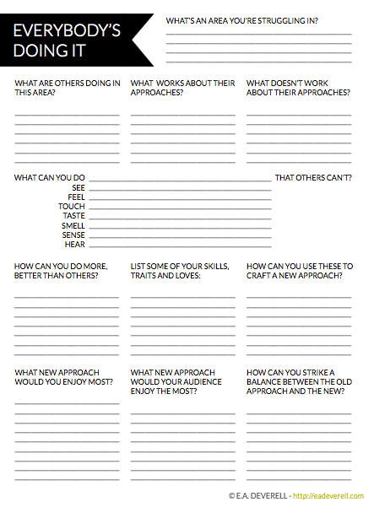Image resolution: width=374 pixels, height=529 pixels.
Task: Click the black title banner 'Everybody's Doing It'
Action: point(72,40)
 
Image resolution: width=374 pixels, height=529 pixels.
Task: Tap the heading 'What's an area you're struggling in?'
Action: point(247,19)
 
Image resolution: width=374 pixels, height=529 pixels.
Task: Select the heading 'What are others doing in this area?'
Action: point(67,88)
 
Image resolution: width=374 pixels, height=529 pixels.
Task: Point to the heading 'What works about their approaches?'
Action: point(182,88)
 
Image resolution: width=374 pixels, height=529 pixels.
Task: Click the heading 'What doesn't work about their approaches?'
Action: point(298,88)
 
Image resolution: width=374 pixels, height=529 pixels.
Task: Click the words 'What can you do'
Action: point(50,178)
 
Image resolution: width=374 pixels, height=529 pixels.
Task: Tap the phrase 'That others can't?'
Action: point(313,178)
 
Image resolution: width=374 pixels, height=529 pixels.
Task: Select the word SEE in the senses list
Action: point(79,187)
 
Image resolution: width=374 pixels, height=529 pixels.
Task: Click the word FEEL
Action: point(76,197)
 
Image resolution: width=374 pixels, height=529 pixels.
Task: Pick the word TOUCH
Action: point(72,207)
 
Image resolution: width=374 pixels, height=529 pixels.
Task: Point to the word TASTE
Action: point(73,216)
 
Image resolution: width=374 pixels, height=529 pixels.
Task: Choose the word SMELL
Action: point(73,226)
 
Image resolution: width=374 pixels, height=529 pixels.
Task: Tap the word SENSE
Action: point(73,235)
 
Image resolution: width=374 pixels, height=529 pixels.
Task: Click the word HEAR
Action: point(75,245)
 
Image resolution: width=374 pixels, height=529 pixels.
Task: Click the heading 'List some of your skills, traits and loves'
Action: point(179,271)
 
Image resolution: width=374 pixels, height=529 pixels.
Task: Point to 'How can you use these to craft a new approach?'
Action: point(300,271)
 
